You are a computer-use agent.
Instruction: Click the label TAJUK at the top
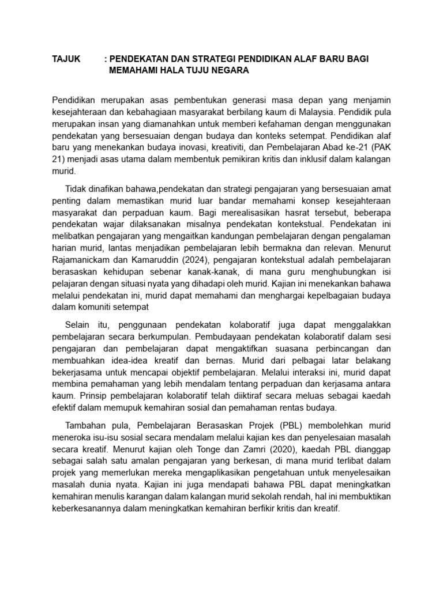[67, 59]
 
